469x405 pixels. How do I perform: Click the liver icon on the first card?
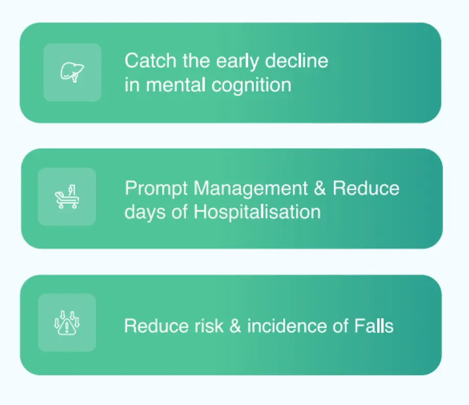pos(72,72)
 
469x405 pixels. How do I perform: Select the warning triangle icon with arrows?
pos(67,323)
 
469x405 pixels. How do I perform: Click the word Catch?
pos(151,61)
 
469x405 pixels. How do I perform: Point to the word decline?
pos(297,61)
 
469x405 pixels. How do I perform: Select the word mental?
pos(176,85)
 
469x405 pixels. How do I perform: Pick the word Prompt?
pos(156,189)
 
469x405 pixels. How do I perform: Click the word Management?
pos(251,189)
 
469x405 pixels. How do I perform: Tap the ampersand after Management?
pos(320,188)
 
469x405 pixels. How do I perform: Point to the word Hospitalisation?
pos(257,213)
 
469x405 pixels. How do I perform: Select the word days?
pos(145,213)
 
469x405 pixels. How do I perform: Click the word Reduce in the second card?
pos(366,188)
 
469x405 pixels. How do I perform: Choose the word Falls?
pos(374,326)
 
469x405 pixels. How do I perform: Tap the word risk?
pos(209,326)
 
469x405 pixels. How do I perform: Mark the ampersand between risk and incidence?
pos(235,326)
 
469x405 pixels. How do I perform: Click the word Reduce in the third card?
pos(157,326)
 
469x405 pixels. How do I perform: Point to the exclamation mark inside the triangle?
pos(67,326)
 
